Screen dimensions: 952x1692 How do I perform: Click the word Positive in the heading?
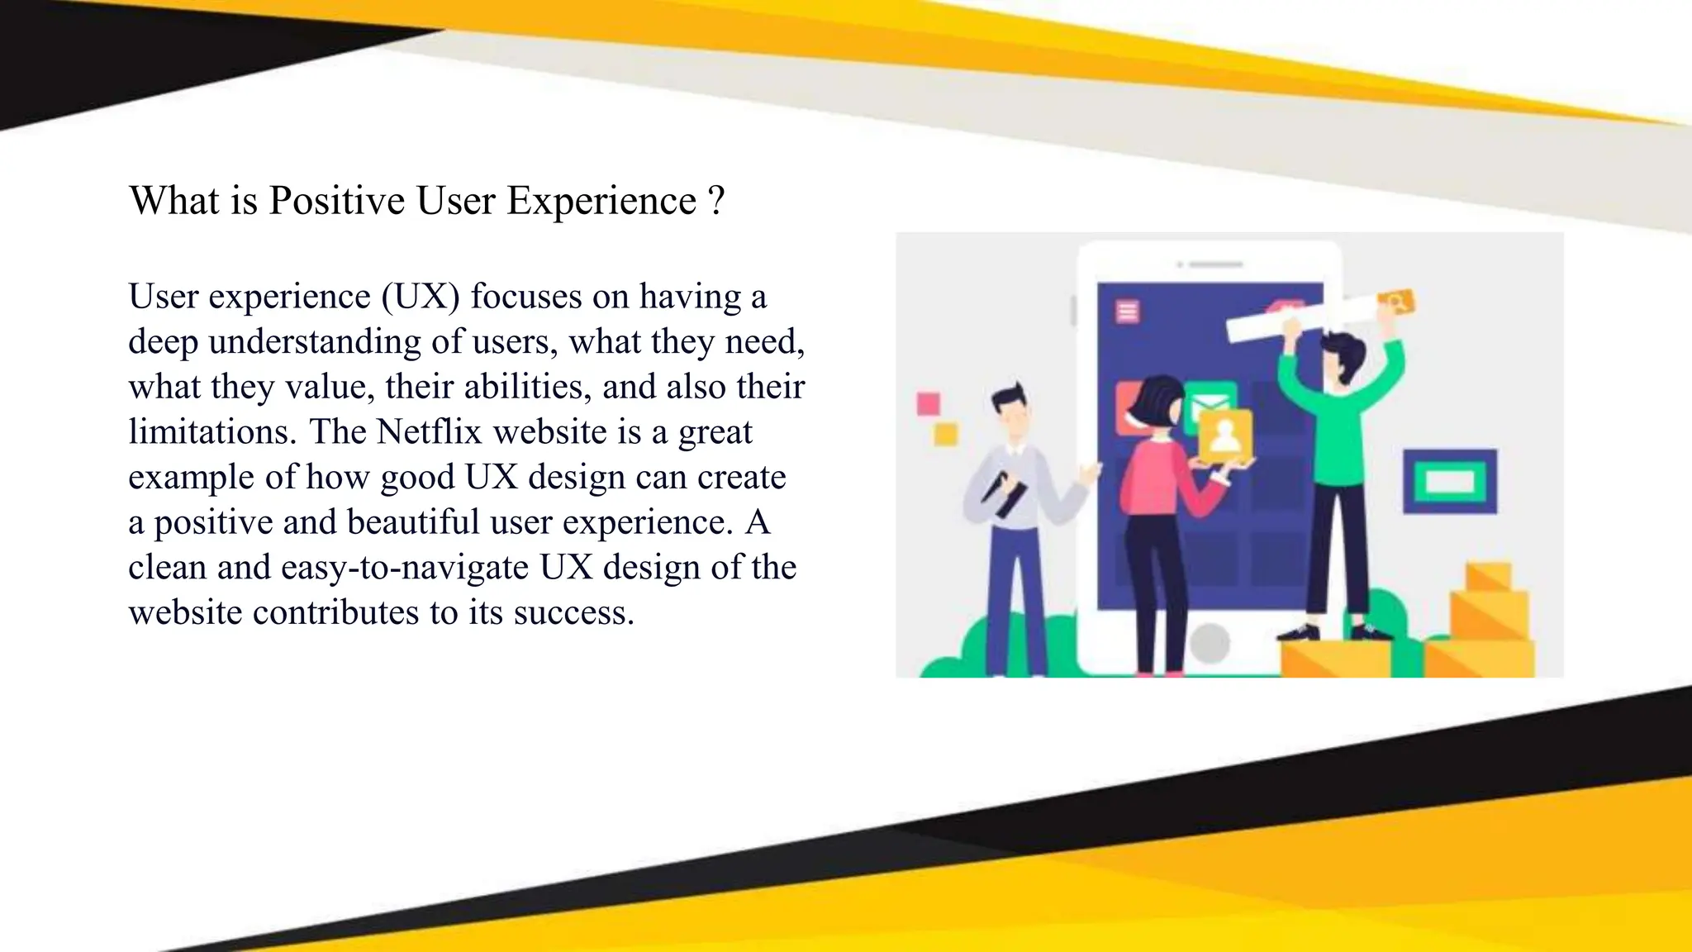(336, 201)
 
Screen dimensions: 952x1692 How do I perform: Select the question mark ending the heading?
(716, 201)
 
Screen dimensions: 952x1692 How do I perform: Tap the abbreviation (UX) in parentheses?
(421, 297)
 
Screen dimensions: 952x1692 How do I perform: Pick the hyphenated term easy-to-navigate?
(405, 568)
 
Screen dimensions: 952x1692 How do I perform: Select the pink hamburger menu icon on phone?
(1128, 312)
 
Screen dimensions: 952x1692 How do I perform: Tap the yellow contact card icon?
(1225, 435)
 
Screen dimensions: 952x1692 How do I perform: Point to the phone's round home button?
(1210, 642)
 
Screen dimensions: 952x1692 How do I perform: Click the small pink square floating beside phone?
(929, 403)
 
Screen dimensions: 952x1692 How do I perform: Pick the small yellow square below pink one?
(945, 434)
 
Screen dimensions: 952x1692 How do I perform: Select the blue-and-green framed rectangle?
(1450, 481)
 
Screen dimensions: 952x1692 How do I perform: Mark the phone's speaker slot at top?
(1214, 264)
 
